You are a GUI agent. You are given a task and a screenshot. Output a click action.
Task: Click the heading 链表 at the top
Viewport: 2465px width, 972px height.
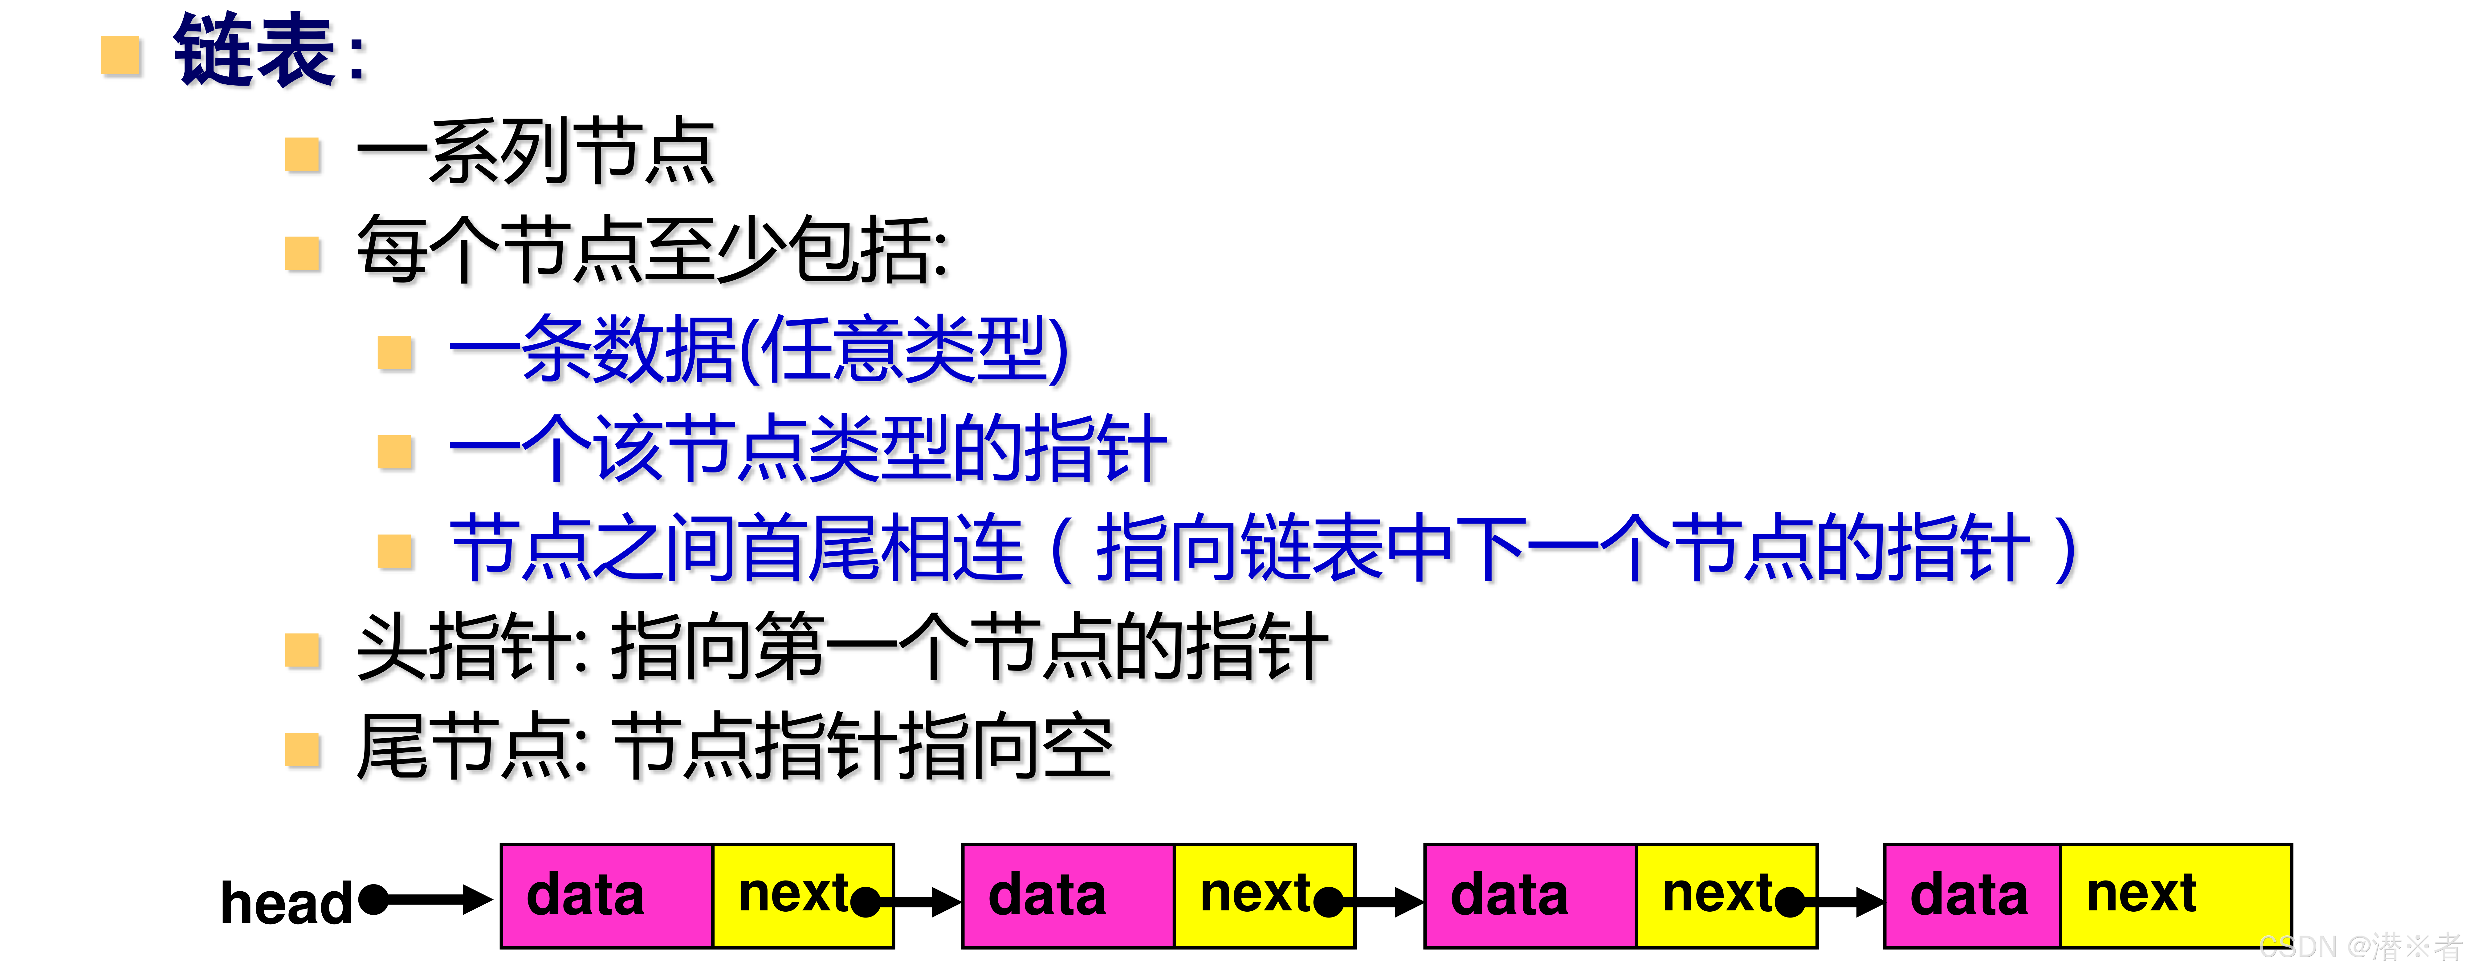(x=256, y=53)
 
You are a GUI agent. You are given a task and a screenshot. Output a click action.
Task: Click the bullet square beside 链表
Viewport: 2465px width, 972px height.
(x=121, y=55)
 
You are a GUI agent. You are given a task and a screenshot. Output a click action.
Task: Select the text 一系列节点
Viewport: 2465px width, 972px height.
(x=536, y=151)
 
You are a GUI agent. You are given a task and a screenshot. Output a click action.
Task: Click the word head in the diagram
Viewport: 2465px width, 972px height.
(x=285, y=903)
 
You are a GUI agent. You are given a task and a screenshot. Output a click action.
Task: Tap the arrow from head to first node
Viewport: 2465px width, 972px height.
(x=431, y=899)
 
